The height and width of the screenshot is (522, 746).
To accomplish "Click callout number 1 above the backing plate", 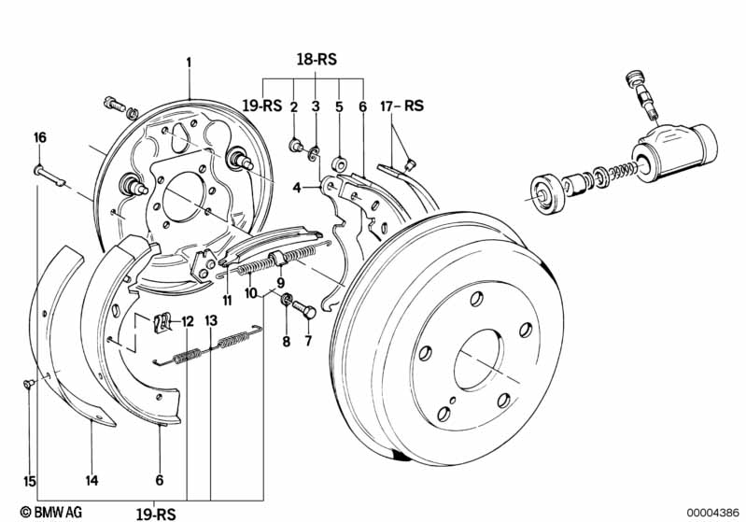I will (189, 63).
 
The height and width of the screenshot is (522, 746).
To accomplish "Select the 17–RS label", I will (402, 106).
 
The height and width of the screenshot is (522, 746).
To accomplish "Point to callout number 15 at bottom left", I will (30, 482).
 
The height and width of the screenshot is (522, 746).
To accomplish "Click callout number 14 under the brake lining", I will (91, 482).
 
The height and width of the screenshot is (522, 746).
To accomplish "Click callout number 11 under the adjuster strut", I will (226, 300).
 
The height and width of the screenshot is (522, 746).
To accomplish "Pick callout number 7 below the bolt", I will (306, 341).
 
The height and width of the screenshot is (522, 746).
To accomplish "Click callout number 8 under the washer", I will (288, 341).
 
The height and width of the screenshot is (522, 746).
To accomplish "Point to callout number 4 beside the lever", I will (298, 188).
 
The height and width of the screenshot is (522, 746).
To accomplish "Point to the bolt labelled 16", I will (49, 173).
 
